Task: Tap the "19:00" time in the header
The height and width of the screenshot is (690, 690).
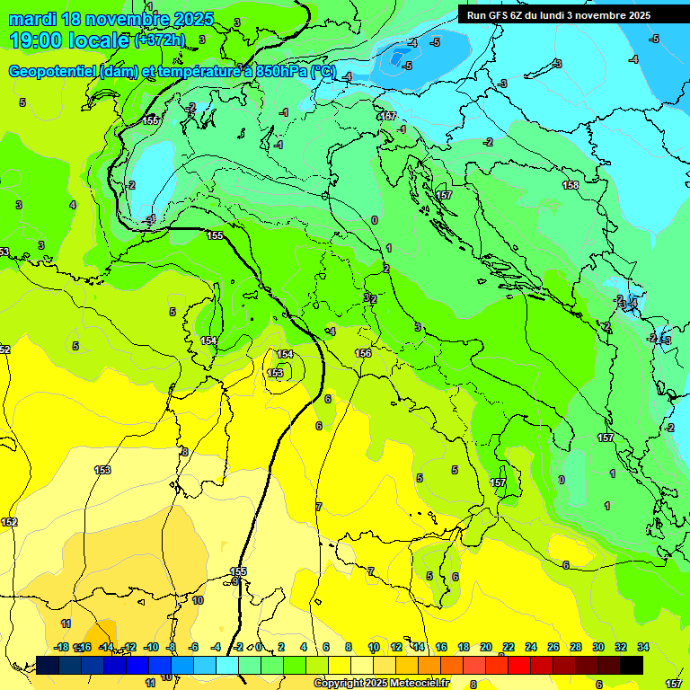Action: click(37, 40)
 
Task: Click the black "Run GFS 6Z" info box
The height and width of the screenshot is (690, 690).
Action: click(558, 15)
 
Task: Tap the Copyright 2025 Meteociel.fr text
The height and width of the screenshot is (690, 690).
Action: click(381, 684)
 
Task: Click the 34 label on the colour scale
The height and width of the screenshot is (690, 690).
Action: click(643, 647)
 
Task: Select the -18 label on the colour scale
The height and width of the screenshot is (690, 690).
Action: click(61, 647)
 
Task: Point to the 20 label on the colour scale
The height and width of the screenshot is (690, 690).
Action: click(486, 647)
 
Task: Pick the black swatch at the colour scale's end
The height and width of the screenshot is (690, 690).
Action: click(632, 665)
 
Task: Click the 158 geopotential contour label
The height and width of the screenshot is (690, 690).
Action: click(571, 185)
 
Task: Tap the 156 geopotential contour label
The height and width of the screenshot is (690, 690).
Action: click(363, 353)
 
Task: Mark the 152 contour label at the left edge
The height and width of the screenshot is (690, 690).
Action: click(9, 522)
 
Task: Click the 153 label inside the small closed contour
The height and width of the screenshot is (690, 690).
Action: click(276, 372)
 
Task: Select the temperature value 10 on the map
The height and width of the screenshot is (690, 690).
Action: click(198, 600)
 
